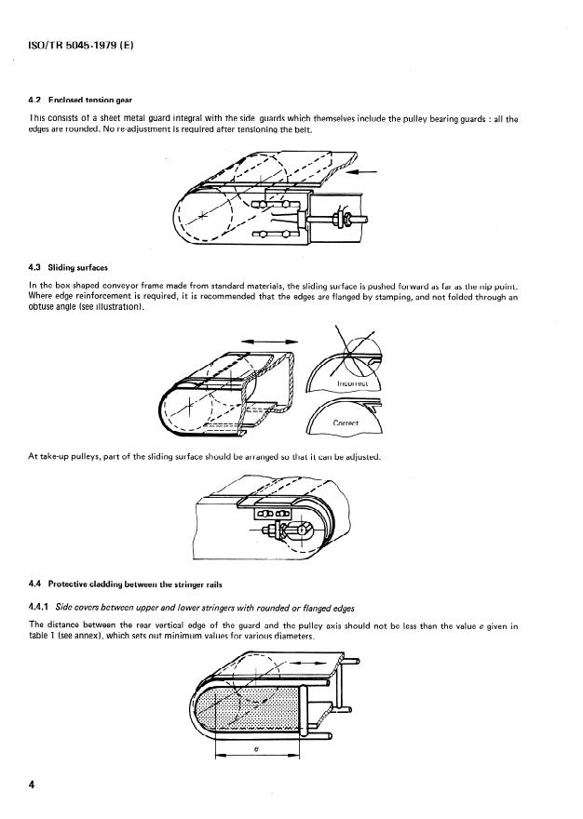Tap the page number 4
(33, 785)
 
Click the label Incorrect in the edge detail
(353, 382)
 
